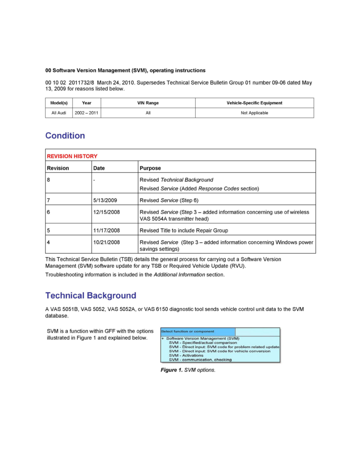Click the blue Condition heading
pos(65,136)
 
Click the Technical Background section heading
pos(91,295)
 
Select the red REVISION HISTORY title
pos(72,156)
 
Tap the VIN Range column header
pos(148,103)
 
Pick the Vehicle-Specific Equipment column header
pos(254,103)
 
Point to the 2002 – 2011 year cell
pos(87,113)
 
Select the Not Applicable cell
pos(254,113)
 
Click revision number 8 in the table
pos(49,180)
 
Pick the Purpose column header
pos(150,168)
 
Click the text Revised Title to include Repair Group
pos(184,231)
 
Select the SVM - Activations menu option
pos(186,355)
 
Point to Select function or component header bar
pos(198,331)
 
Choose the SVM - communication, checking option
pos(200,360)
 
